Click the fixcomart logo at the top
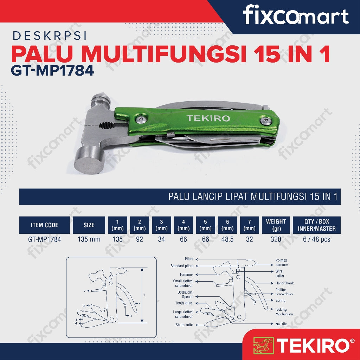click(296, 15)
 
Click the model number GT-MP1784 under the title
click(52, 70)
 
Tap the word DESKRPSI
click(50, 36)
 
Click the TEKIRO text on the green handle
click(208, 118)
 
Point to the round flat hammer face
click(88, 163)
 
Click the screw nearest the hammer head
click(141, 119)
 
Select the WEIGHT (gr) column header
click(276, 225)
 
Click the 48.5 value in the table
click(227, 239)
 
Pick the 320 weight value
click(276, 239)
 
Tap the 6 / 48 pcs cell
click(317, 239)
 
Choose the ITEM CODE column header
click(45, 225)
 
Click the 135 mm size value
click(89, 239)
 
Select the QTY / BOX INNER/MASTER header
click(317, 225)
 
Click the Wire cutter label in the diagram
click(280, 274)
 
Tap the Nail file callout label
click(281, 324)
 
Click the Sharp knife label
click(184, 325)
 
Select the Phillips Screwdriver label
click(284, 292)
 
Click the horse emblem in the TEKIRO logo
click(264, 345)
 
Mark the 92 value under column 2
click(140, 239)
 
